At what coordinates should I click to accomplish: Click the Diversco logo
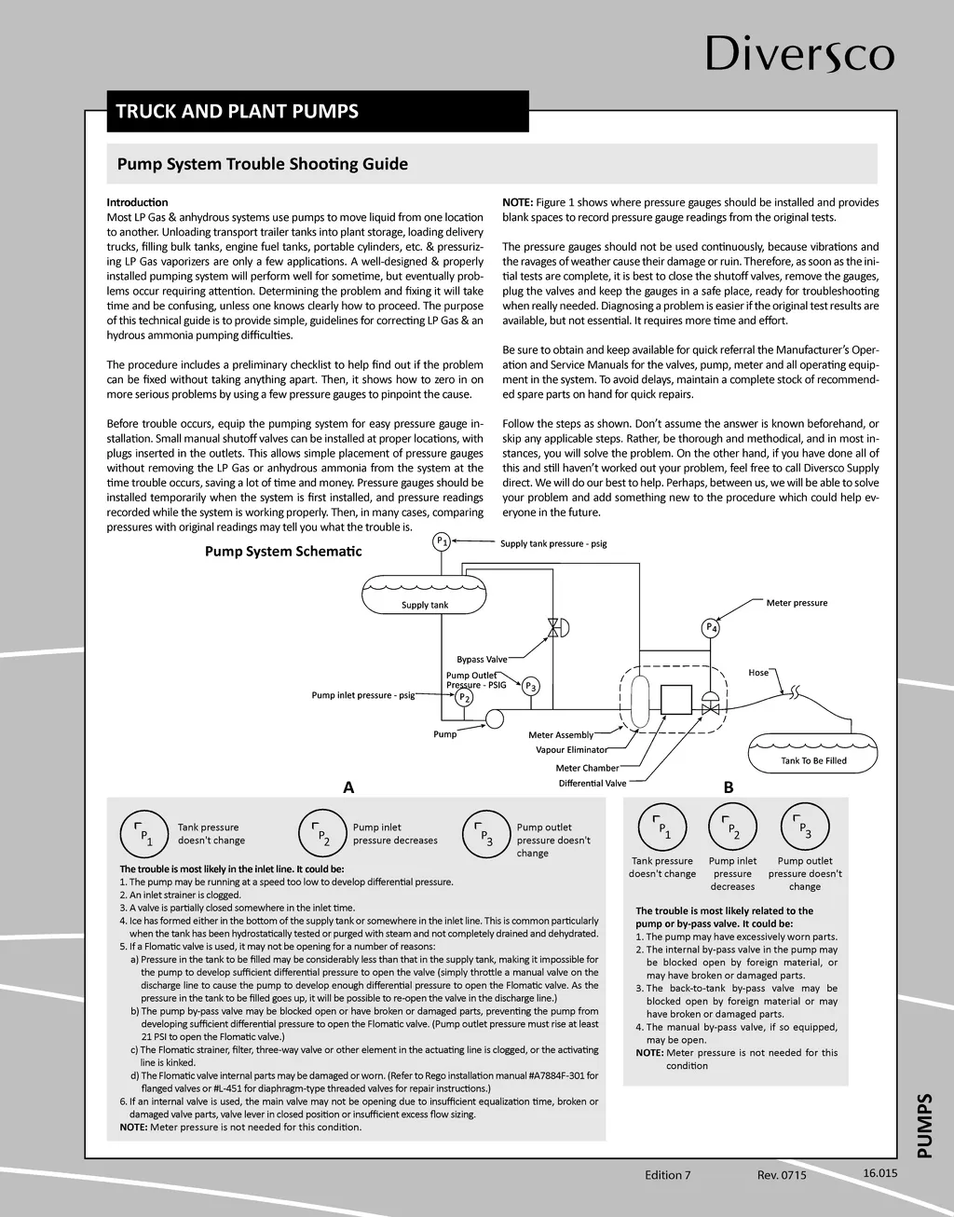click(x=799, y=53)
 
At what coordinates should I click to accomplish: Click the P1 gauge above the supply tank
click(x=443, y=541)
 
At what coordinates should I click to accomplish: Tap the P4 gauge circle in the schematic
click(x=711, y=627)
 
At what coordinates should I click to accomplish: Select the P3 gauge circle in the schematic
click(x=530, y=687)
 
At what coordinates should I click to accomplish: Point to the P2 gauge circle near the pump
click(x=464, y=696)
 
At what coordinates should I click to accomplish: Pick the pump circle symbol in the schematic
click(x=494, y=718)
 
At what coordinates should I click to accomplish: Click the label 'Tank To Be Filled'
click(x=813, y=760)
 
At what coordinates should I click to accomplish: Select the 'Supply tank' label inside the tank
click(x=425, y=605)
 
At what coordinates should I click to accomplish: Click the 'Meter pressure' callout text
click(x=797, y=603)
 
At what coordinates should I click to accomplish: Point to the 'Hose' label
click(x=758, y=672)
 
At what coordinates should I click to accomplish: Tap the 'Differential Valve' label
click(x=593, y=784)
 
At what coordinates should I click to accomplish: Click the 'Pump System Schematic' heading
click(x=283, y=552)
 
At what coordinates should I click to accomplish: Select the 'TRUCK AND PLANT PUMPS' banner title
click(x=237, y=112)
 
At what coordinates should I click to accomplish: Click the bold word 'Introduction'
click(x=137, y=202)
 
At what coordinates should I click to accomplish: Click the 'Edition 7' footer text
click(x=667, y=1175)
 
